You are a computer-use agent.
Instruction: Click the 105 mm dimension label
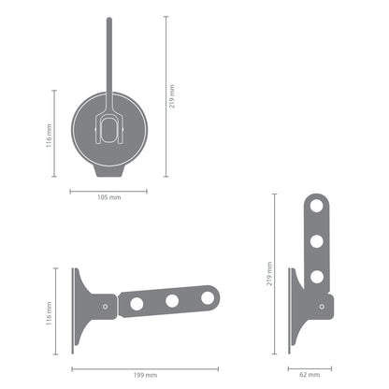108,198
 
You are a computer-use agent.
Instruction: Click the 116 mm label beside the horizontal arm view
47,311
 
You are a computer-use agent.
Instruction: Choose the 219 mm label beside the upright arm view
269,273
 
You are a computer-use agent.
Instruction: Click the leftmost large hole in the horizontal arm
137,303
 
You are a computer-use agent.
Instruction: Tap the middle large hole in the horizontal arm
172,301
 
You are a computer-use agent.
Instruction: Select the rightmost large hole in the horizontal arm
207,298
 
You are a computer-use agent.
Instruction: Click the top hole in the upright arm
316,207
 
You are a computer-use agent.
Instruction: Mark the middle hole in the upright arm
316,241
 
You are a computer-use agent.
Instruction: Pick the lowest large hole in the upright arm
316,276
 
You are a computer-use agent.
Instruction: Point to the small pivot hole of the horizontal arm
105,306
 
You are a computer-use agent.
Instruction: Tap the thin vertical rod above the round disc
108,56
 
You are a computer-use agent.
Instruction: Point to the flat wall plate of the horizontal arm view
74,310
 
